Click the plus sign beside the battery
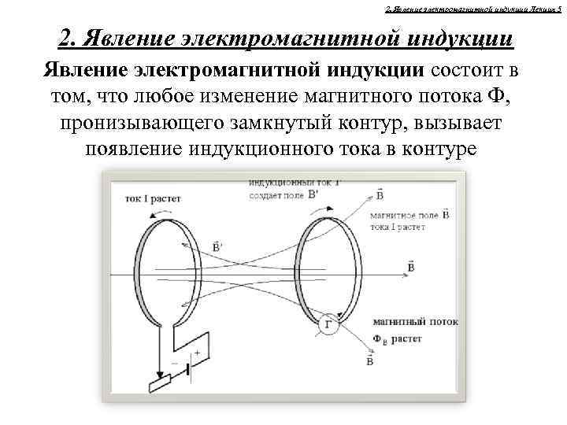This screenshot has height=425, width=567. point(197,353)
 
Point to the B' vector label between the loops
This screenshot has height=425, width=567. point(217,246)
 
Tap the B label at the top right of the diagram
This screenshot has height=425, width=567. point(380,194)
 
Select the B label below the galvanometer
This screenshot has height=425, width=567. point(369,360)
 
